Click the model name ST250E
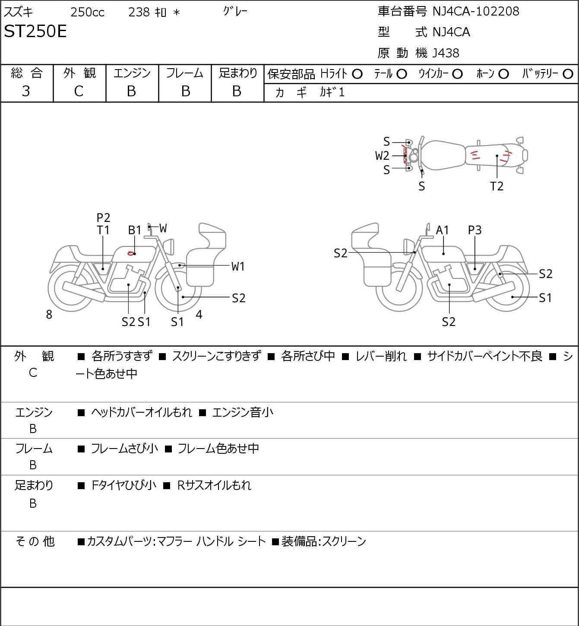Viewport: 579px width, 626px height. (35, 32)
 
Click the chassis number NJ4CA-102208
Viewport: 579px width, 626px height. (475, 11)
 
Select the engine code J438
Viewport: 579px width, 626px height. (446, 53)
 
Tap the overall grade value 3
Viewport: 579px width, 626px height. (26, 91)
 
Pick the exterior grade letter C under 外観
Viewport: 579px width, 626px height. (79, 91)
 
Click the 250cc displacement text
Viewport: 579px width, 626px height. (87, 12)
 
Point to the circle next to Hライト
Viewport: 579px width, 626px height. (357, 74)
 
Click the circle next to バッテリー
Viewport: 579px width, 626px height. (568, 74)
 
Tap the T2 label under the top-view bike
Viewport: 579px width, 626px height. (497, 187)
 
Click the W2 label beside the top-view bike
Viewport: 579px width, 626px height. (382, 155)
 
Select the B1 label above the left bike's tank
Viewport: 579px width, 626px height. (135, 230)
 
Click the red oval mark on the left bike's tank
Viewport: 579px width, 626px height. (130, 253)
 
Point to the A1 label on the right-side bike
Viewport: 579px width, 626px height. (443, 230)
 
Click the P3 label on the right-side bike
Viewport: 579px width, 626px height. (475, 230)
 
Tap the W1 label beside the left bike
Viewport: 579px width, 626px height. (238, 266)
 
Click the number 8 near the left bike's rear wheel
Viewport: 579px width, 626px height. (49, 315)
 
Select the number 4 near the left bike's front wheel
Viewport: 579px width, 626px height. (199, 314)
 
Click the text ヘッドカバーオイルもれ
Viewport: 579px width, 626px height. (141, 412)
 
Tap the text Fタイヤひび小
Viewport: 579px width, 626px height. (124, 485)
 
